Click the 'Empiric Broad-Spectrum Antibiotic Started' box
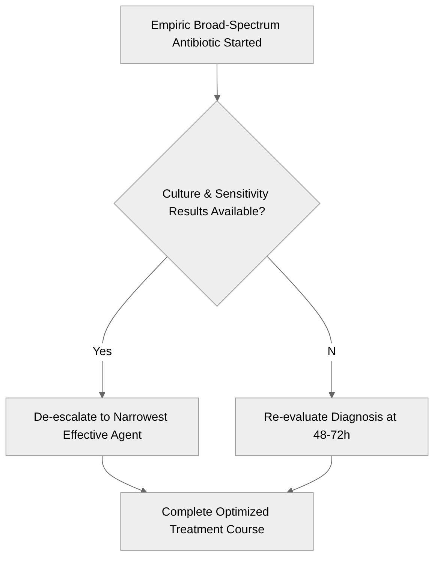pos(217,34)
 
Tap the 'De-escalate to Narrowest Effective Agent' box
pos(102,426)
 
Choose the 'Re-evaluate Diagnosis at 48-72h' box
pos(331,426)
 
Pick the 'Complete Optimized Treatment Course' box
pos(217,521)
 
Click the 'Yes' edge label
pos(102,351)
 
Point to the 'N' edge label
pos(332,351)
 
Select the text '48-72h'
pos(332,435)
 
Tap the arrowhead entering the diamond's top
pos(217,98)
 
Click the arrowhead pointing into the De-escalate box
pos(102,395)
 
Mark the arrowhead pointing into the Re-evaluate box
pos(332,395)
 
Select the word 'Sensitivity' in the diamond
pos(241,194)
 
